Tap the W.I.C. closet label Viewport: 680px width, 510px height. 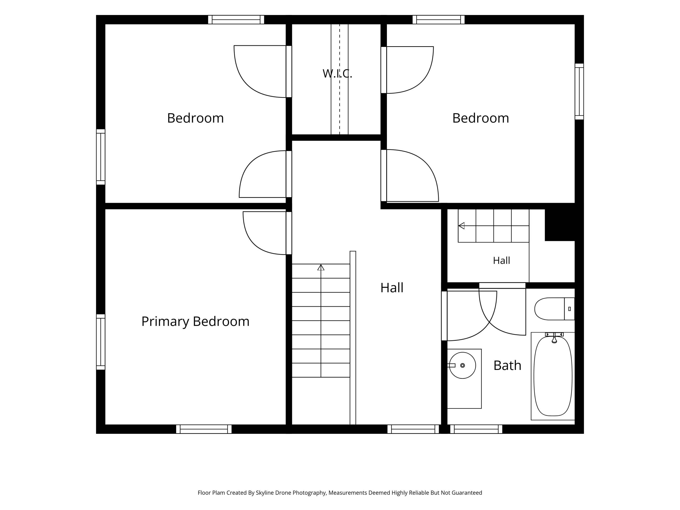[337, 73]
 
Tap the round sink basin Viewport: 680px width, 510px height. [462, 365]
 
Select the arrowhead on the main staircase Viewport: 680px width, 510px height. [321, 267]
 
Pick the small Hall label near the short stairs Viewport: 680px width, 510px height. [501, 261]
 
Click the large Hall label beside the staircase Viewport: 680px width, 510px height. [392, 288]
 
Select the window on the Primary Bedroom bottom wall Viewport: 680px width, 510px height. [204, 429]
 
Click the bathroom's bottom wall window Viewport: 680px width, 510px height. [476, 429]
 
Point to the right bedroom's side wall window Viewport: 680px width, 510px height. [579, 92]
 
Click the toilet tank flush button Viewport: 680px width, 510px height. [569, 309]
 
